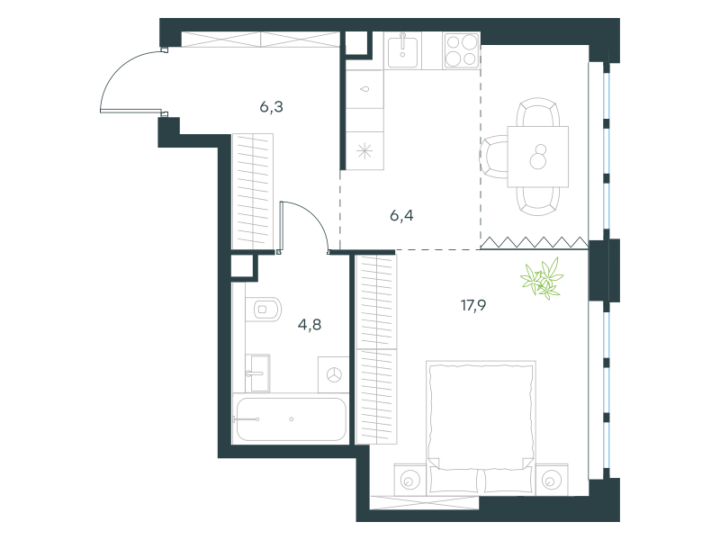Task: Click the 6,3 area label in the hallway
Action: point(272,107)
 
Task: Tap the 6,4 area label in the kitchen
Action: point(401,215)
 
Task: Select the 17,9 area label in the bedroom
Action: point(473,305)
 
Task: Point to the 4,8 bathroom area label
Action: point(310,325)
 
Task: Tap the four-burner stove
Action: point(462,50)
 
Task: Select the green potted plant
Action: point(542,278)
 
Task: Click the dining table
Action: point(537,157)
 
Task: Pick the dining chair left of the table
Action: point(494,157)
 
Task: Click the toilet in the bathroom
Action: point(263,309)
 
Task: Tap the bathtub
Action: point(291,419)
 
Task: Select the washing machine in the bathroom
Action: point(334,374)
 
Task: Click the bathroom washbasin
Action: point(257,373)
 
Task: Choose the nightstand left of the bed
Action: point(410,480)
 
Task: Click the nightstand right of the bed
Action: point(552,480)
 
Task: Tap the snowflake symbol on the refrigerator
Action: point(364,150)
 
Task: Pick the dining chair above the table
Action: point(537,112)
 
